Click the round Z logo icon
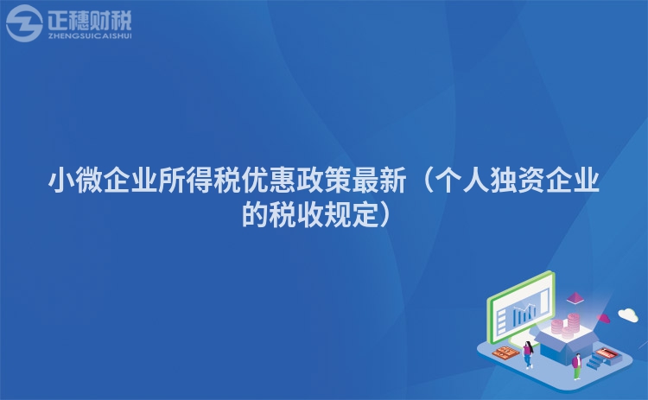[x=24, y=23]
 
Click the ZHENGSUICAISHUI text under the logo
[x=90, y=36]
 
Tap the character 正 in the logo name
[x=58, y=20]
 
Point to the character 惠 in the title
[x=283, y=181]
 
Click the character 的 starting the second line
[x=255, y=214]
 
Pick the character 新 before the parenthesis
[x=393, y=181]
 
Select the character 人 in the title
[x=476, y=181]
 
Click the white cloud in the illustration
[x=628, y=314]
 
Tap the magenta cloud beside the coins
[x=604, y=318]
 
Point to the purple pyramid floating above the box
[x=575, y=297]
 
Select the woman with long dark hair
[x=528, y=354]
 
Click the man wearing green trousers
[x=577, y=366]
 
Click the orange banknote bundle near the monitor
[x=505, y=352]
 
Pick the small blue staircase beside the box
[x=596, y=361]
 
